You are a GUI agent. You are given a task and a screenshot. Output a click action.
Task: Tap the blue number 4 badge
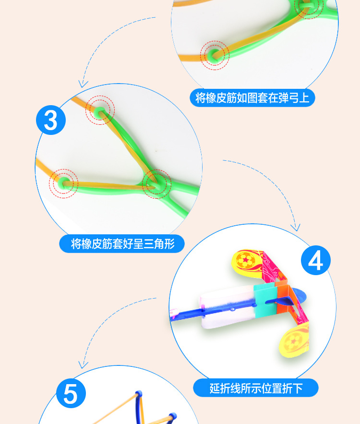[315, 261]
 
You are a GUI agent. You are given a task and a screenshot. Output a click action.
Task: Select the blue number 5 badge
[71, 394]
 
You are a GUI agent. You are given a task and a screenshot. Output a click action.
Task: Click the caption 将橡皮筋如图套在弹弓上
[252, 98]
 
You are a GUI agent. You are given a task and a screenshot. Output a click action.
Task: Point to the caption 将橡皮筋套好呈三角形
[122, 244]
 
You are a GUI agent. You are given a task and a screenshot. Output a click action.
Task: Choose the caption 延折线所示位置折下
[255, 388]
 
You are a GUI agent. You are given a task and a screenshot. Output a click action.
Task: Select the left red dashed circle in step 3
[63, 182]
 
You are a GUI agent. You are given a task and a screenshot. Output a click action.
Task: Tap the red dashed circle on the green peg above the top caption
[215, 55]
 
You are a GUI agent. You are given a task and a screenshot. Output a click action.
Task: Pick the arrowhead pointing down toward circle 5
[84, 364]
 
